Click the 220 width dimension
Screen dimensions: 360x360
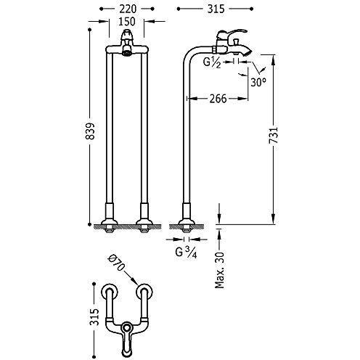128,9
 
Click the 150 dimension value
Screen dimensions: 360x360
127,22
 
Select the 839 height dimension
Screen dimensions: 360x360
91,131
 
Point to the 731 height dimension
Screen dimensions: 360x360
274,136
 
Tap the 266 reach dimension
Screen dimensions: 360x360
218,99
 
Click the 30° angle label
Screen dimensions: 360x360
258,83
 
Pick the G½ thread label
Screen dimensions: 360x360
212,62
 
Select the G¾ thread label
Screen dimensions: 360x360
186,253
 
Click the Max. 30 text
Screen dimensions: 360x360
219,270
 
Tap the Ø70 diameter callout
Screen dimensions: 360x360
117,263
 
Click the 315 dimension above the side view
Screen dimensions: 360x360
216,9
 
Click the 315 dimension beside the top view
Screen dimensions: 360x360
94,317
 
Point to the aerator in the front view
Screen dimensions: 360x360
126,52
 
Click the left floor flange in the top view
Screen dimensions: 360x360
109,292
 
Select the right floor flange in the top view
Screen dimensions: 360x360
144,292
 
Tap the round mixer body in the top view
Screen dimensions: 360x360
126,328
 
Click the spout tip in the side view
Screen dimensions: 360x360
248,52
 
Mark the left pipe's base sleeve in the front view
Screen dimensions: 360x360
110,211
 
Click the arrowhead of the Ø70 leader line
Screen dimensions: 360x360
136,282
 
